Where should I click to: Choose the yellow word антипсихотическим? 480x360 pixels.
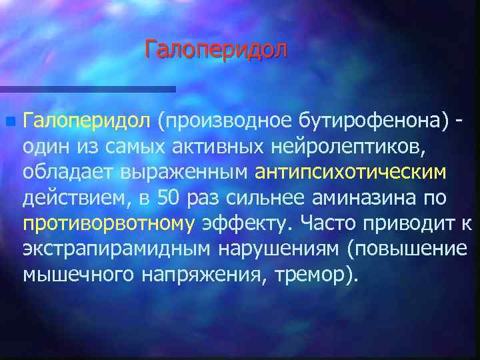(351, 173)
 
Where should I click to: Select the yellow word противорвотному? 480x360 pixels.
(107, 224)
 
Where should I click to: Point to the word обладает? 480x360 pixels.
(68, 173)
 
